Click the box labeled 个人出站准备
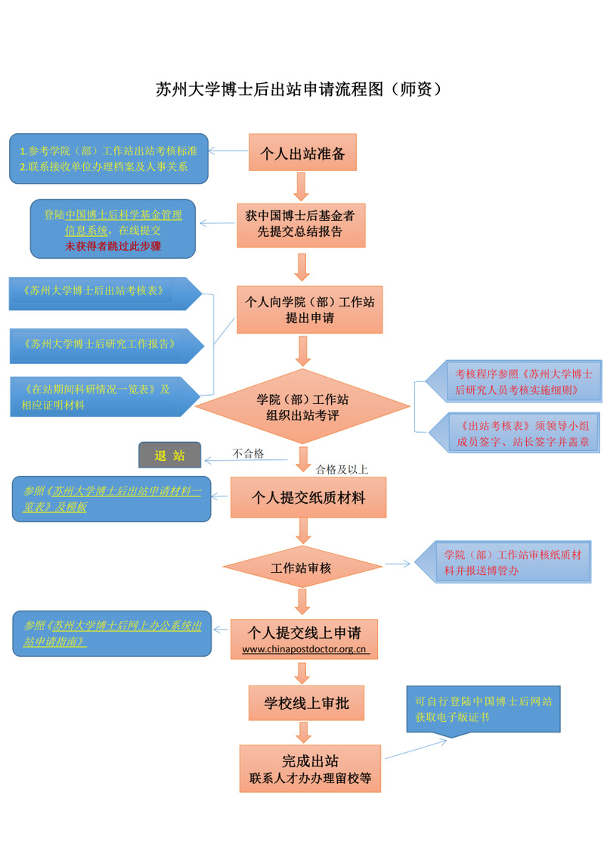tap(302, 154)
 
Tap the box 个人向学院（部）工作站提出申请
tap(309, 309)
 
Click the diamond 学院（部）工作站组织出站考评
tap(302, 407)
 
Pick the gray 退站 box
tap(169, 455)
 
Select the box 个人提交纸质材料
tap(308, 497)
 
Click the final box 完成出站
tap(309, 768)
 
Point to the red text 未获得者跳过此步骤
tap(113, 246)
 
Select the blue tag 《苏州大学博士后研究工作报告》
tap(101, 344)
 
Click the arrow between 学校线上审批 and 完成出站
tap(304, 732)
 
